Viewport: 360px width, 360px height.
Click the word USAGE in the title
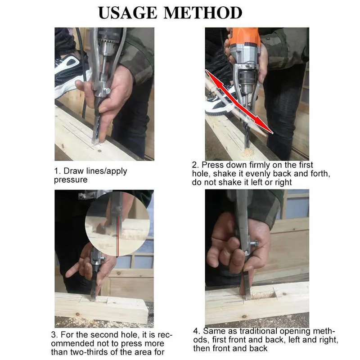[x=128, y=13]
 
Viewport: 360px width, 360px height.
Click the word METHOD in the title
[x=203, y=13]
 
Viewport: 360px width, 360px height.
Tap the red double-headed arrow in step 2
[x=239, y=102]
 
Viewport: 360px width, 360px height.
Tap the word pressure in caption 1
[x=71, y=180]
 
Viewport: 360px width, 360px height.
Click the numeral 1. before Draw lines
[x=58, y=171]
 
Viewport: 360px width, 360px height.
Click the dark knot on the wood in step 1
[x=99, y=151]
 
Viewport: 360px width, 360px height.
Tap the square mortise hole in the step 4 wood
[x=263, y=295]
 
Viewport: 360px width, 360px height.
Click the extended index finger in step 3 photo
[x=73, y=271]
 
